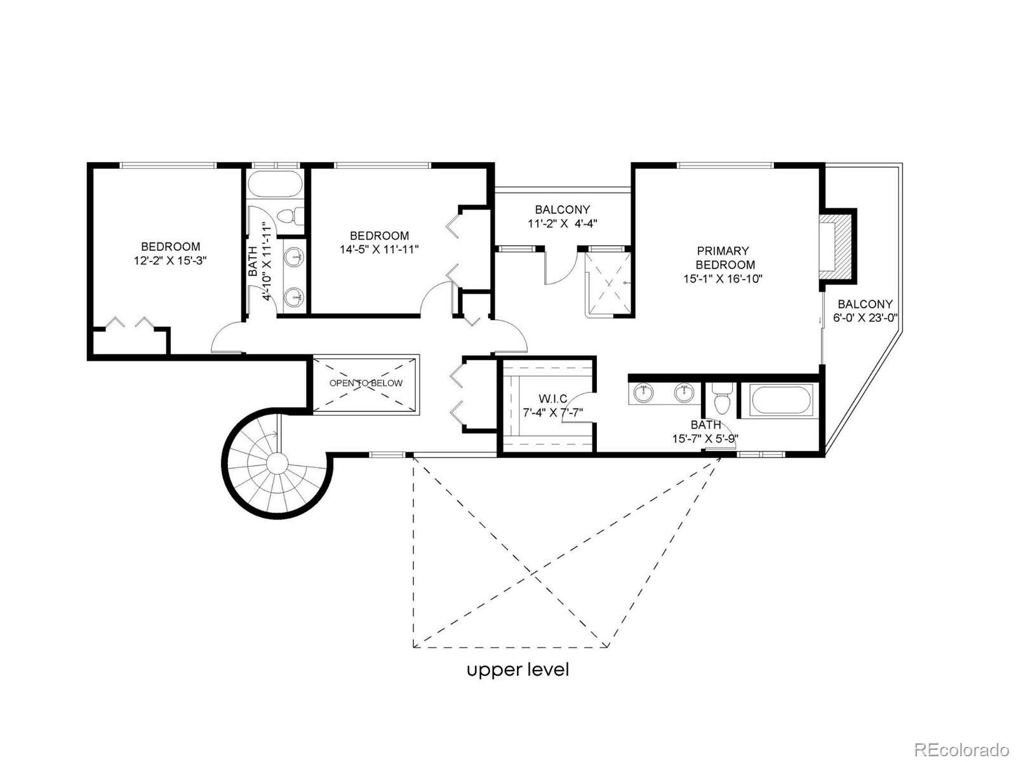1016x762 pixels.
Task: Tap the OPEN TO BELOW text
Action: coord(366,383)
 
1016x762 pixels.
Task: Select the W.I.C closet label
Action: coord(552,398)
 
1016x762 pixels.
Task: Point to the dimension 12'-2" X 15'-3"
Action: coord(170,260)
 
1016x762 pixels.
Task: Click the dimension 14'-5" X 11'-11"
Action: coord(379,250)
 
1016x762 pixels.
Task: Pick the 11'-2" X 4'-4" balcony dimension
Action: coord(563,224)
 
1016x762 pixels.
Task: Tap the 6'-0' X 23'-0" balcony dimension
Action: coord(865,318)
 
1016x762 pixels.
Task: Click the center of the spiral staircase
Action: coord(277,462)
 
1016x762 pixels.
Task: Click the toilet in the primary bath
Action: coord(721,400)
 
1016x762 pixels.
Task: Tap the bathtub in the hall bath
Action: coord(275,184)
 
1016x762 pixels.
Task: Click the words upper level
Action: coord(518,670)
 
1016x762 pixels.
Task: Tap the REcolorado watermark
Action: coord(962,748)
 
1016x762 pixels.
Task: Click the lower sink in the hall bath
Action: coord(293,297)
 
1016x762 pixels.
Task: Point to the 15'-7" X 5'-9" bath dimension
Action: coord(705,439)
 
